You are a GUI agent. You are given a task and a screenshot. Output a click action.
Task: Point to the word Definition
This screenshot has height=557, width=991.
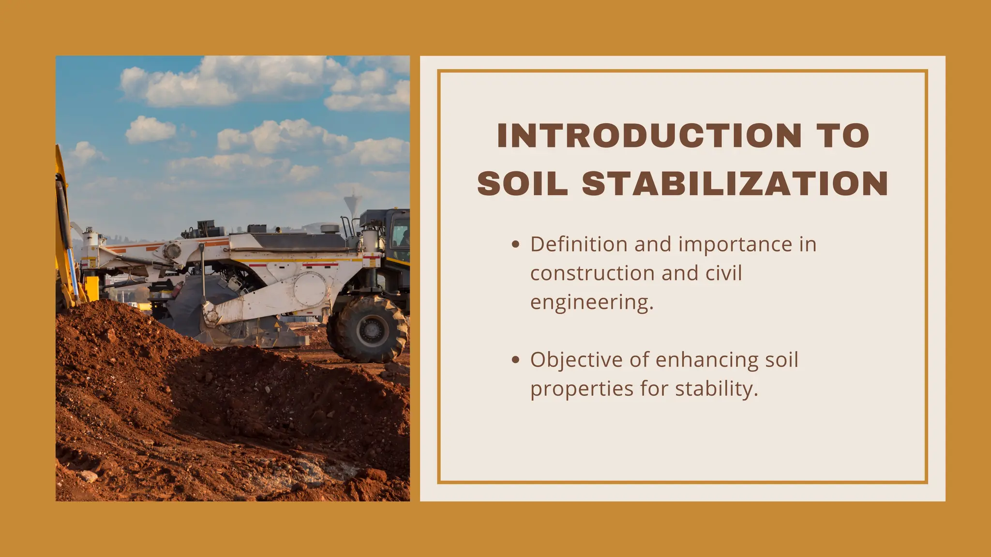[579, 244]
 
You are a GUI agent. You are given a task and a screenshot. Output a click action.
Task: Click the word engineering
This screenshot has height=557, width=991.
[592, 303]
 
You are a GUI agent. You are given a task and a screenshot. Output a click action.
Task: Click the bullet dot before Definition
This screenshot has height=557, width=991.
[515, 245]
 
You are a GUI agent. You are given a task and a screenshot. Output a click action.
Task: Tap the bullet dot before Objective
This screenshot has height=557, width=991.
[515, 360]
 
